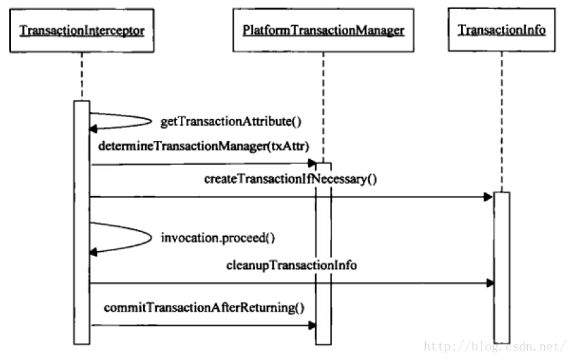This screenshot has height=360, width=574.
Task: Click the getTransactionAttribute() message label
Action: coord(231,121)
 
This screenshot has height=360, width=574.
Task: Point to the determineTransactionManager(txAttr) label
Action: coord(204,146)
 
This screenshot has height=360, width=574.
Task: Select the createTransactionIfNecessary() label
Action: coord(290,179)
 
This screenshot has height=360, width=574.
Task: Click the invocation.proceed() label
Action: coord(218,238)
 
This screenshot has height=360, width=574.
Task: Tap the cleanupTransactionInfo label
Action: coord(291,265)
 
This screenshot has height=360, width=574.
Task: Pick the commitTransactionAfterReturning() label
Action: coord(204,308)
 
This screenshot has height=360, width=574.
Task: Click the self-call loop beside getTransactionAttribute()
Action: coord(151,121)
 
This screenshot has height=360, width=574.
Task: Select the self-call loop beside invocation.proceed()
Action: coord(151,238)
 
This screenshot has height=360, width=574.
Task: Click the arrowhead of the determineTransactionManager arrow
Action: coord(312,163)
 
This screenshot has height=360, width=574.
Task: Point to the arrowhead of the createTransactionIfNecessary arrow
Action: coord(488,197)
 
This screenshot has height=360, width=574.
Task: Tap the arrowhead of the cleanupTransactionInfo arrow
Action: coord(490,283)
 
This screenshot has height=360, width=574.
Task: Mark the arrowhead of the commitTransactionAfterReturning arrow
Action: coord(312,325)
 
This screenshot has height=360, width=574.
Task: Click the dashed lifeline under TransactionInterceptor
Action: coord(82,76)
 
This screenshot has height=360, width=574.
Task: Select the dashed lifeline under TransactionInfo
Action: coord(501,122)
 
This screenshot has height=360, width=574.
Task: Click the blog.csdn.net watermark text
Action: coord(495,346)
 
